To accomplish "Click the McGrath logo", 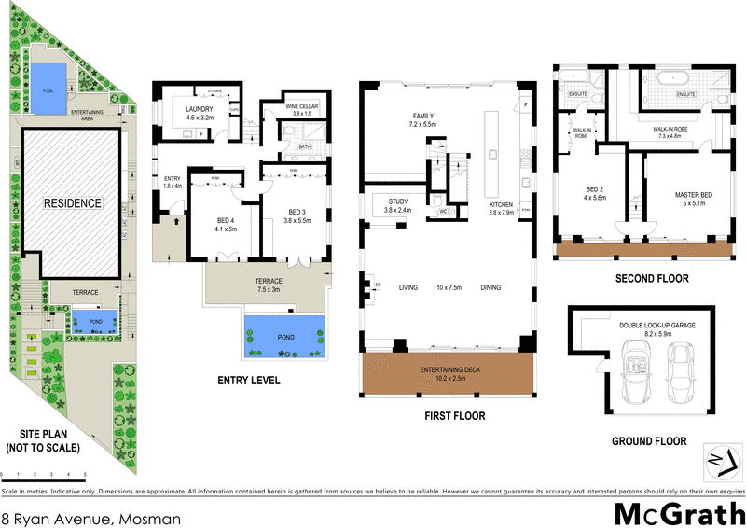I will point(678,514).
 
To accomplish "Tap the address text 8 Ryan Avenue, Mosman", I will point(90,516).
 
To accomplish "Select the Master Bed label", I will point(693,200).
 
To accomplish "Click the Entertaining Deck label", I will point(444,375).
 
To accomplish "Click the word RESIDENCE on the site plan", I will point(71,202).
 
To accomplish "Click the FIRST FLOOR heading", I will point(444,416).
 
